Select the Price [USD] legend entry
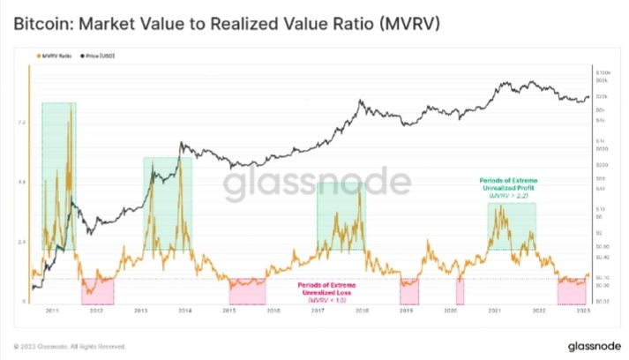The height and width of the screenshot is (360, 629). pyautogui.click(x=99, y=56)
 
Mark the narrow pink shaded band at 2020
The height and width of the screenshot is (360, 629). pyautogui.click(x=460, y=290)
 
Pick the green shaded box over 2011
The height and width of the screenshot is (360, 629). pyautogui.click(x=58, y=176)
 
